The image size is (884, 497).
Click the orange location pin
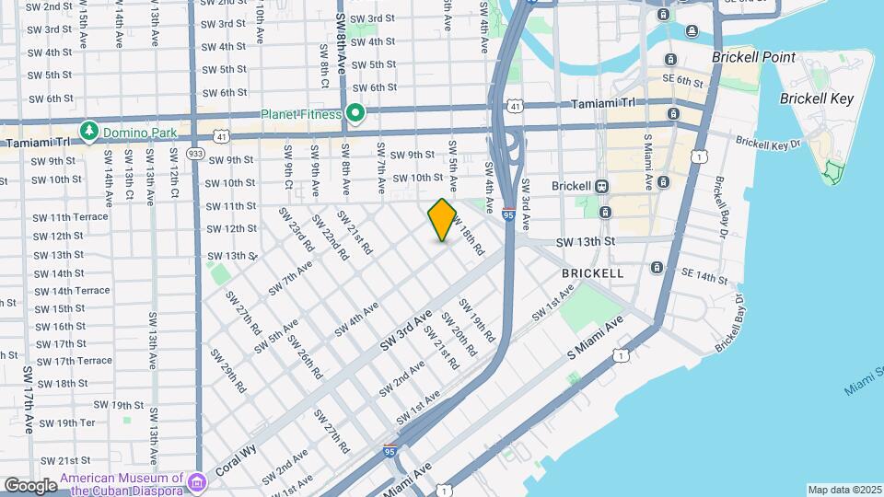tap(443, 220)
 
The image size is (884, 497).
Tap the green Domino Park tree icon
tap(89, 132)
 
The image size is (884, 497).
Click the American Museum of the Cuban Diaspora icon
tap(197, 481)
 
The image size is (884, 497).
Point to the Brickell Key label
tap(816, 98)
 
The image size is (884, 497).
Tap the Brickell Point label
tap(753, 57)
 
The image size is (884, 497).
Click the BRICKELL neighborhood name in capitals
tap(593, 273)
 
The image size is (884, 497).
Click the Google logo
tap(30, 485)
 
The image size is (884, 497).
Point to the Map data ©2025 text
tap(843, 490)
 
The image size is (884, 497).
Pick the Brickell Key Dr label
tap(764, 144)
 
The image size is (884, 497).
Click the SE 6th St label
tap(681, 81)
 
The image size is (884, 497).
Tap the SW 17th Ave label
tap(28, 399)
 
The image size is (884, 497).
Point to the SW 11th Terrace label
tap(70, 217)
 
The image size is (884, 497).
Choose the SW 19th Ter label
tap(64, 422)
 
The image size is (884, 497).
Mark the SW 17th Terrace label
tap(69, 361)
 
